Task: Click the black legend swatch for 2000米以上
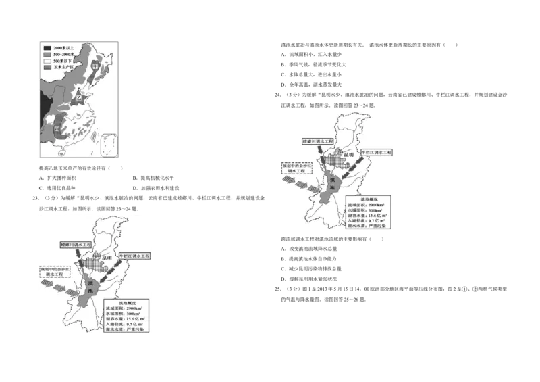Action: click(47, 48)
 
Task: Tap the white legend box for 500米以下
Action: click(47, 62)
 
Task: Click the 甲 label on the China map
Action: click(95, 68)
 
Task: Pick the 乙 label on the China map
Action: click(82, 98)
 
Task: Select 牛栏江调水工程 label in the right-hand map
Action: click(376, 153)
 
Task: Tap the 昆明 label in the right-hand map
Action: click(348, 155)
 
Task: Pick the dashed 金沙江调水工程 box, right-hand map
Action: click(295, 168)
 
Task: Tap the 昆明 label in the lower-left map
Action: click(106, 258)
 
